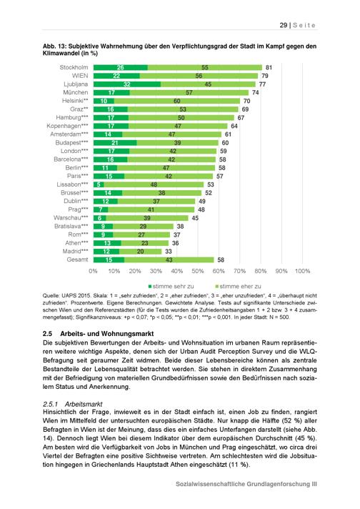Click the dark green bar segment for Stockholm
point(120,67)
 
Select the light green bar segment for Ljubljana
point(208,84)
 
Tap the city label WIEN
point(80,76)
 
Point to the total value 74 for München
point(256,92)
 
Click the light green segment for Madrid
point(140,252)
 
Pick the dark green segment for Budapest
point(115,143)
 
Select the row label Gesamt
point(77,260)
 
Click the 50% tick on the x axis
point(198,271)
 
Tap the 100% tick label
point(302,271)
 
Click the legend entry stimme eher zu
point(238,286)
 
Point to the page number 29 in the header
point(284,25)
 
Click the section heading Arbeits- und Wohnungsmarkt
point(106,334)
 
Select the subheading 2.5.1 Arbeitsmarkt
point(73,404)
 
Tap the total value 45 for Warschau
point(195,218)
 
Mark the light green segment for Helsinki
point(177,101)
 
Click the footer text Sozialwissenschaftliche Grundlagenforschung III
point(246,484)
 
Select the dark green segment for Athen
point(107,243)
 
